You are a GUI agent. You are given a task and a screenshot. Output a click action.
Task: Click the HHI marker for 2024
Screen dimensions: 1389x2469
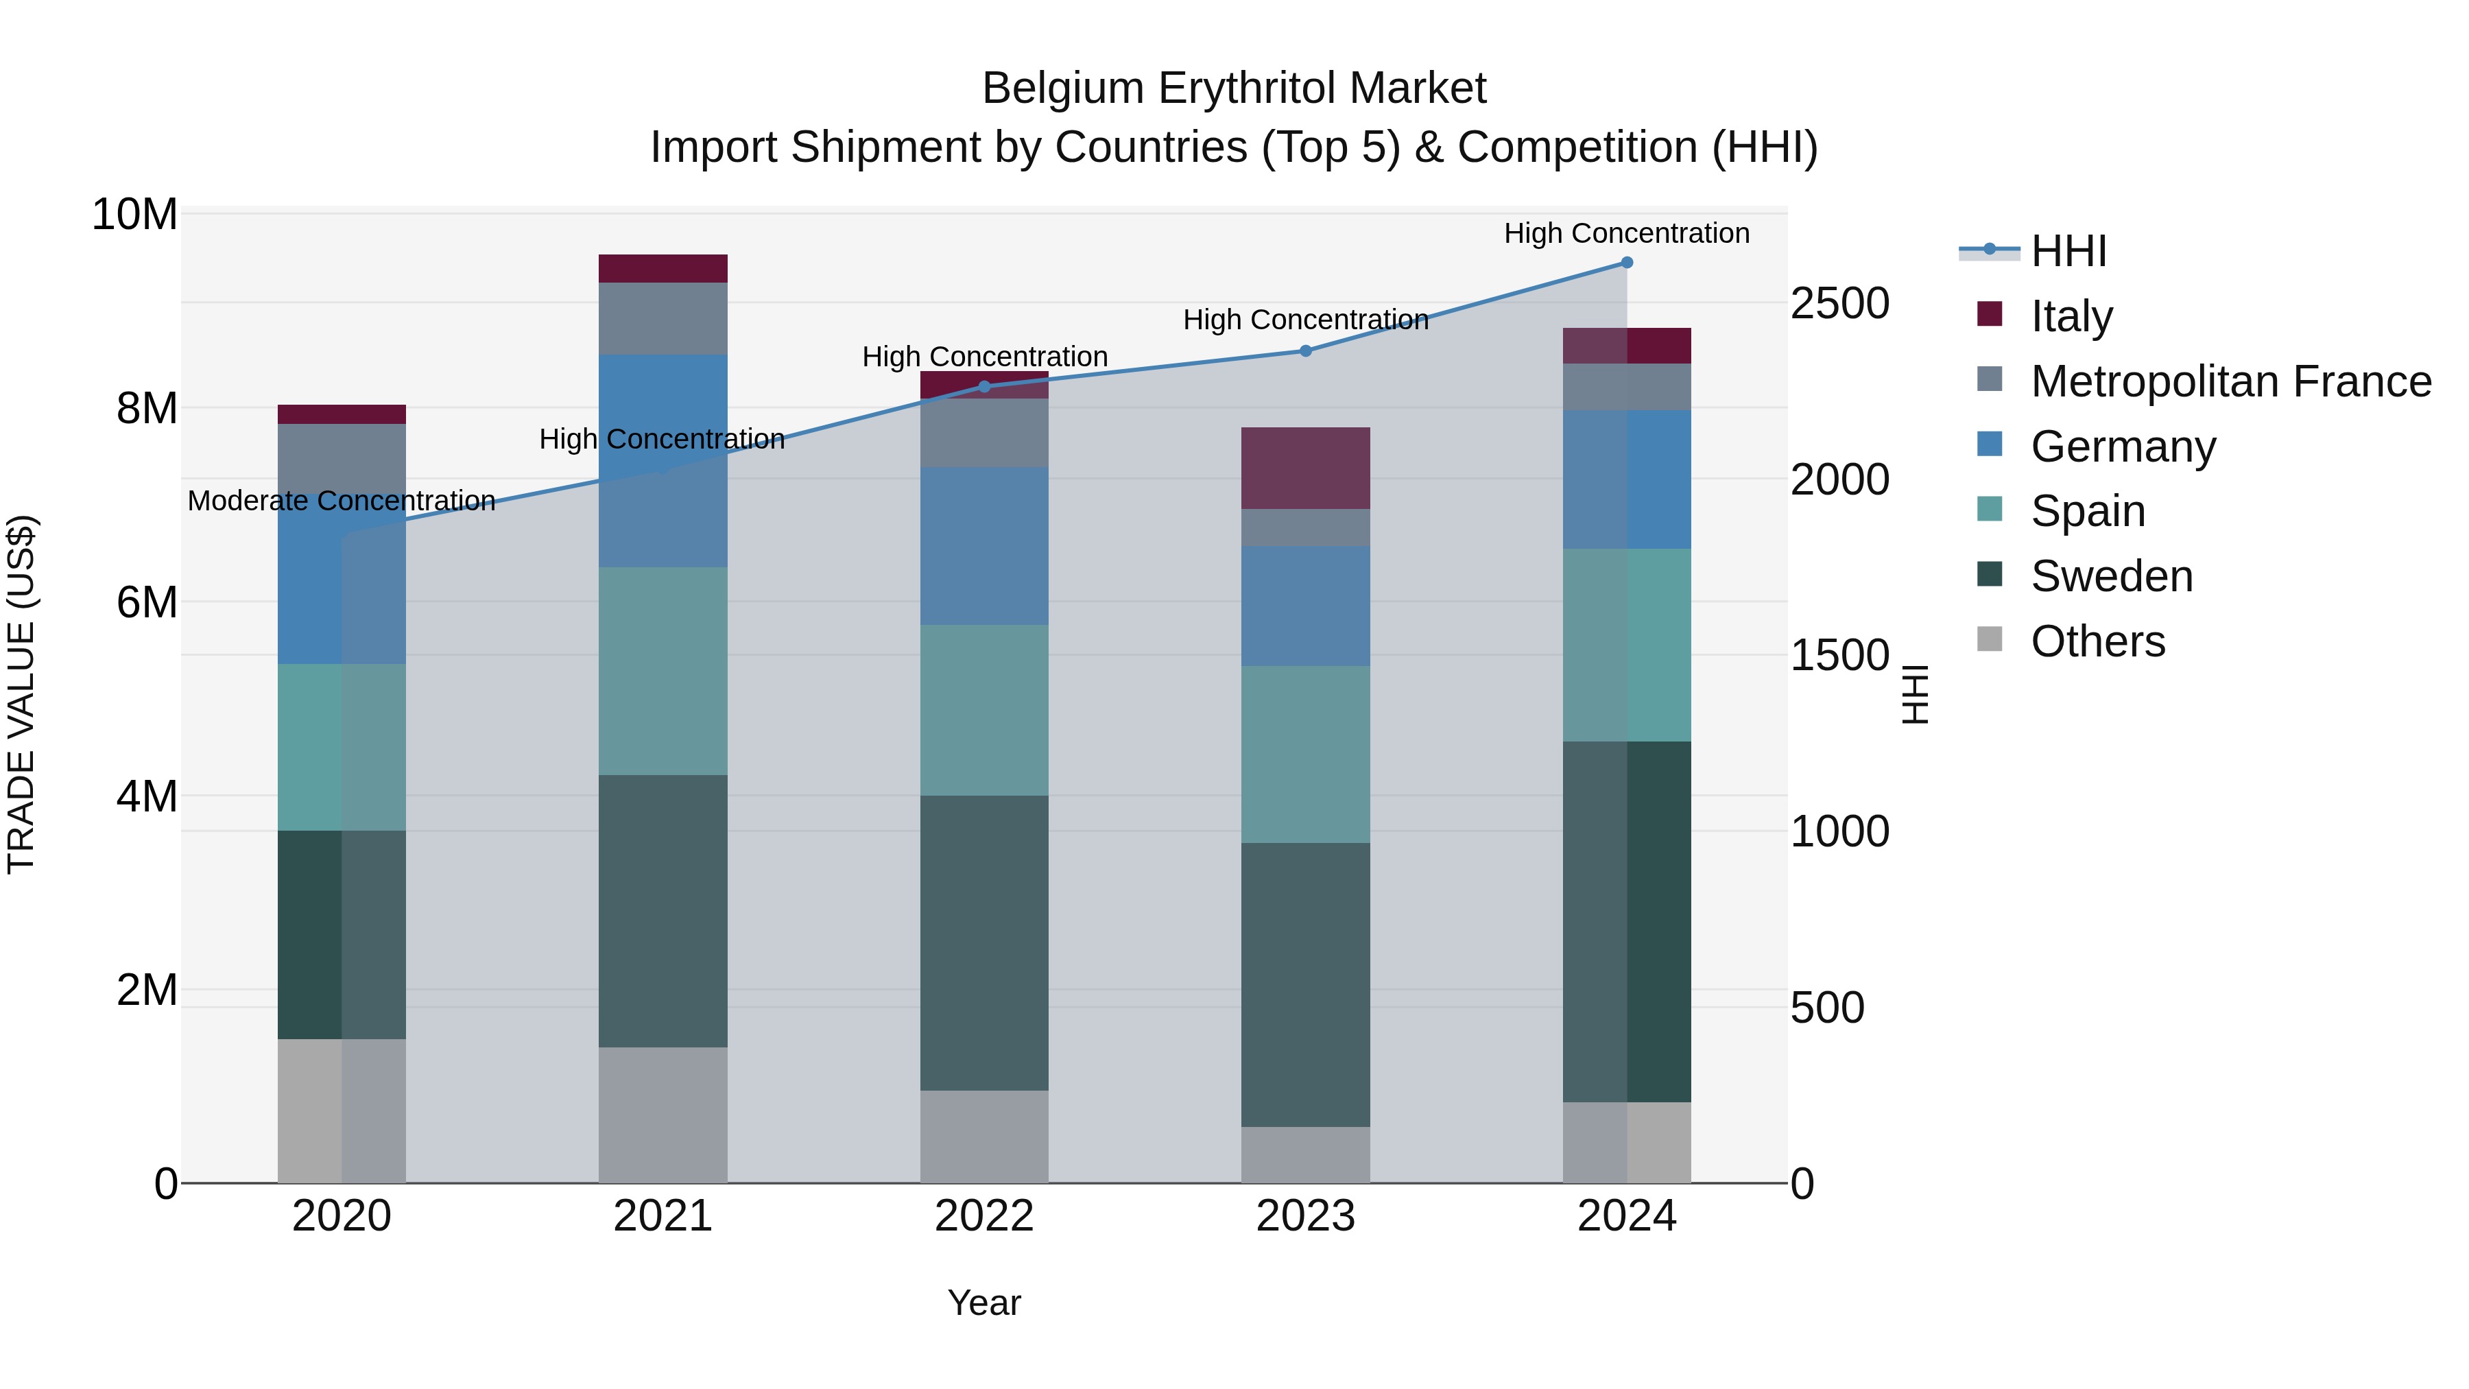1627,263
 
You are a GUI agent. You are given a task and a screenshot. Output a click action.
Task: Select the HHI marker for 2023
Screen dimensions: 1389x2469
1305,351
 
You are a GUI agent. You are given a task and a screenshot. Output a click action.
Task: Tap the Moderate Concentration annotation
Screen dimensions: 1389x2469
342,501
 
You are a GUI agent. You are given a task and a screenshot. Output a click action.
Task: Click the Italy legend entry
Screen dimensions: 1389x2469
2071,316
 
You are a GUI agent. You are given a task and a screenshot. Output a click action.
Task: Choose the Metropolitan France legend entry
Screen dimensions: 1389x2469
2230,381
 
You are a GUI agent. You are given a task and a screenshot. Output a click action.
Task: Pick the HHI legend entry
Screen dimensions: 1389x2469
2068,251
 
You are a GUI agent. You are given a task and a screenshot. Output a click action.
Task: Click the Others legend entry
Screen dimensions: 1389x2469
2097,641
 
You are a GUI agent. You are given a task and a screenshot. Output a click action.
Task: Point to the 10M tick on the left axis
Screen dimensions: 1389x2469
134,215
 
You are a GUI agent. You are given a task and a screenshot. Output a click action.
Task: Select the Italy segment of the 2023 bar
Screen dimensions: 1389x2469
1305,468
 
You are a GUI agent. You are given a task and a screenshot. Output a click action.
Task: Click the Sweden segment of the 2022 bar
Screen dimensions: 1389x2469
984,942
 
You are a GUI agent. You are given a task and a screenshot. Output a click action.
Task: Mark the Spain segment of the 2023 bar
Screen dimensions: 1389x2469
1305,755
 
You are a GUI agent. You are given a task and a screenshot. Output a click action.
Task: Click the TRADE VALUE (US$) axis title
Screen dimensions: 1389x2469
21,694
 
